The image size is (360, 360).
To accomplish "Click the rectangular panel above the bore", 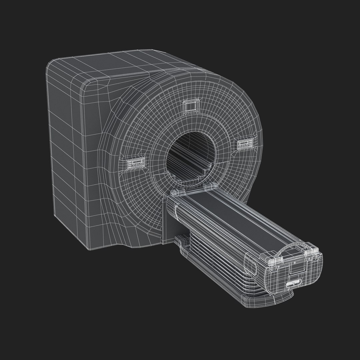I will click(x=192, y=106).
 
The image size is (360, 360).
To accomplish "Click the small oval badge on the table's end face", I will click(x=293, y=283).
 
